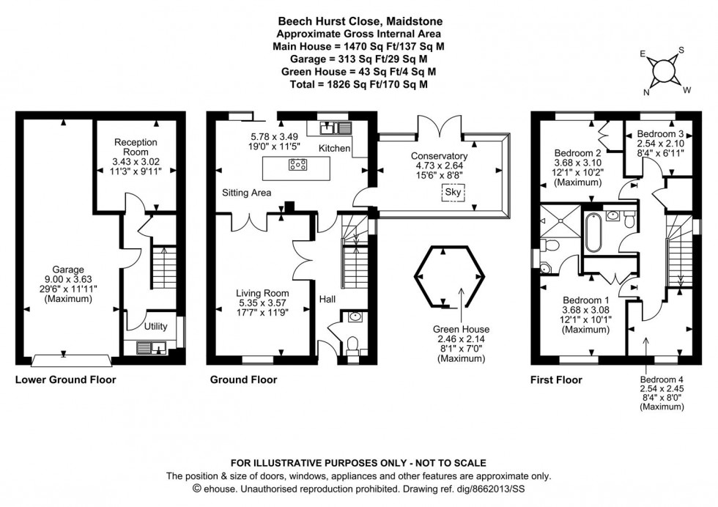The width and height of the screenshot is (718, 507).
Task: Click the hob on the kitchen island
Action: point(298,165)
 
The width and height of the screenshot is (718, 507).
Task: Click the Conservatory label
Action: point(439,156)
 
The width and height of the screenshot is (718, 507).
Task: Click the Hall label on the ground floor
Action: point(327,299)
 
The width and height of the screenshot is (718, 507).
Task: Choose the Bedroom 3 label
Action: point(660,134)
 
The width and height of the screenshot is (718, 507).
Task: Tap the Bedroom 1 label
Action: point(586,300)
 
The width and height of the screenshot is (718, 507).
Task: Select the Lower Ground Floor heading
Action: point(65,380)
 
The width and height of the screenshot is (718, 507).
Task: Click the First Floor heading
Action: point(556,380)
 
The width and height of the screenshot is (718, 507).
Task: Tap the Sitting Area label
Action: point(247,193)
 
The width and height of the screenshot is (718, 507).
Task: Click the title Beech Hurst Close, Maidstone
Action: point(359,21)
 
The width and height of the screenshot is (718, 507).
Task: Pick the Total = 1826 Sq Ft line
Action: point(359,84)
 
